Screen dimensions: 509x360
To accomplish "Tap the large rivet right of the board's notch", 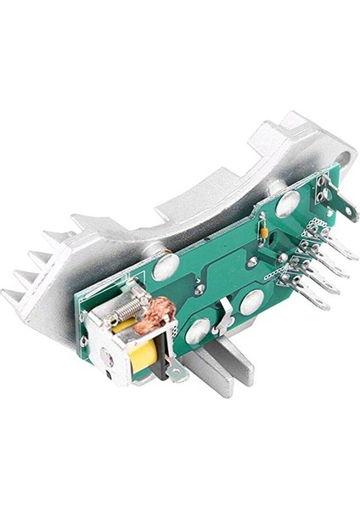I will click(252, 301).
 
